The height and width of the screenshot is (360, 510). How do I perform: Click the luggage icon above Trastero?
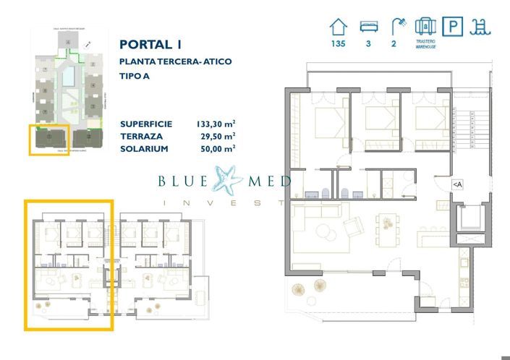425,27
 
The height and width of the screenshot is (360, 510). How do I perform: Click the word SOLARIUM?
145,148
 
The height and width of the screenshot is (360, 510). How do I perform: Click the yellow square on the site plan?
49,139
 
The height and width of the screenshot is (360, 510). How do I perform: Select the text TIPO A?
139,77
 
